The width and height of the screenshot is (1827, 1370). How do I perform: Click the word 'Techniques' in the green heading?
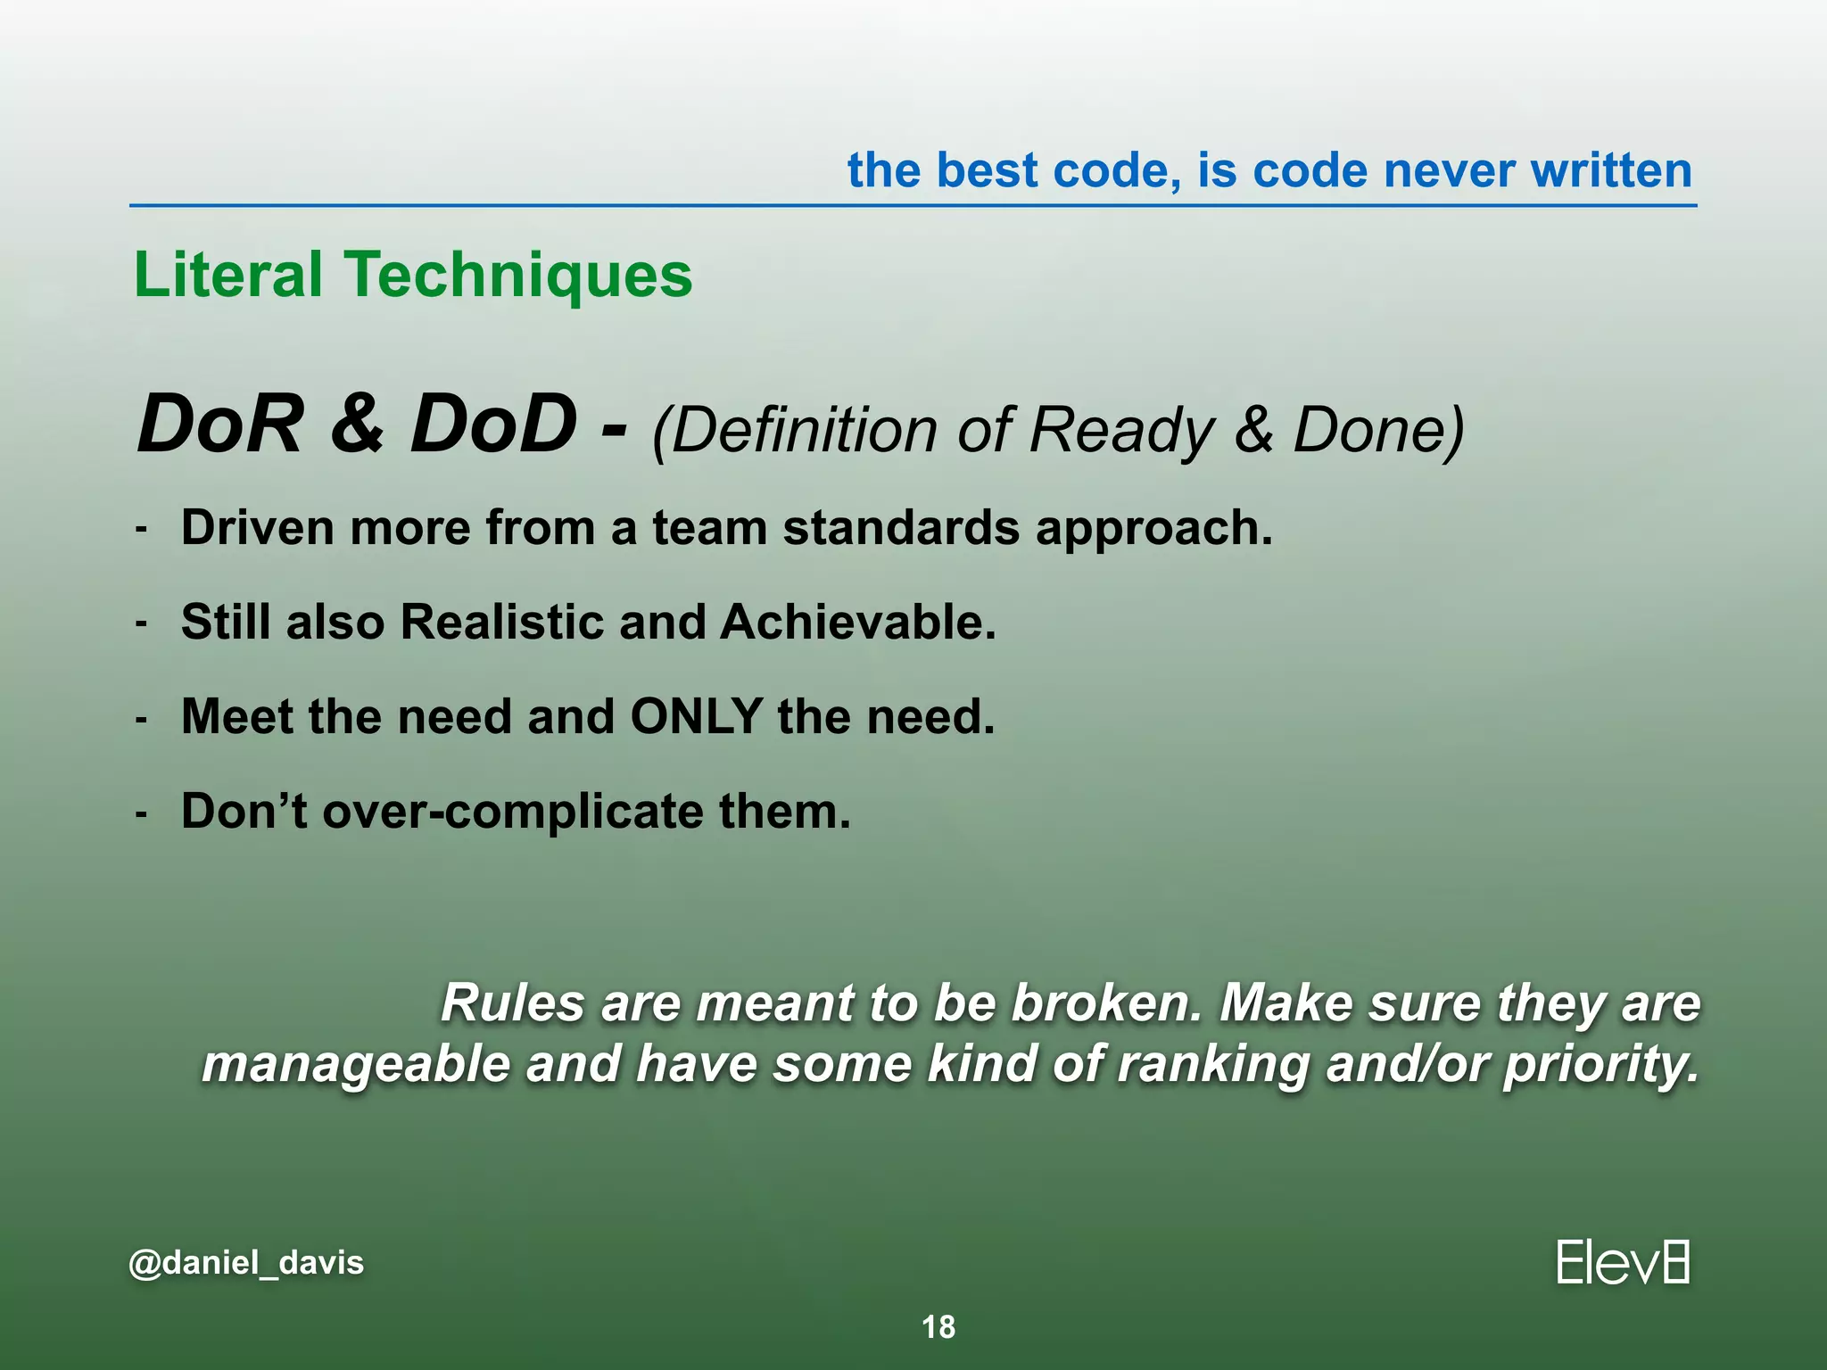tap(518, 276)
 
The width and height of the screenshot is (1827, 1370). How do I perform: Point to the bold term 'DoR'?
tap(219, 425)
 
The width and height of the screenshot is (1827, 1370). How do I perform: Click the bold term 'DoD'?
tap(492, 425)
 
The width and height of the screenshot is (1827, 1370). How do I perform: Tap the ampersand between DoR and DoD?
tap(357, 425)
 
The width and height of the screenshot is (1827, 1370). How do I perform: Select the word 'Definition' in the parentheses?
tap(796, 432)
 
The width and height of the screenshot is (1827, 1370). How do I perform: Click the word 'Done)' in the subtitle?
tap(1378, 432)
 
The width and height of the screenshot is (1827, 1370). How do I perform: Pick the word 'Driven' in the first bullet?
tap(258, 527)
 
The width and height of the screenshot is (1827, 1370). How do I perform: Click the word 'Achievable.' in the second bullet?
tap(857, 622)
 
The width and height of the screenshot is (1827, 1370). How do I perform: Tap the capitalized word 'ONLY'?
tap(696, 716)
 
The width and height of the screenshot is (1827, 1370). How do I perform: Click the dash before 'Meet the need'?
tap(141, 718)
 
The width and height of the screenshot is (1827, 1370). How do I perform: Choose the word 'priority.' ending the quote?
tap(1601, 1065)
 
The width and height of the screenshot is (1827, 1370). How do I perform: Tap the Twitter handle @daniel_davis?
tap(246, 1263)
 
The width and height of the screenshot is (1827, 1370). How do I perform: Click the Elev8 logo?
tap(1622, 1262)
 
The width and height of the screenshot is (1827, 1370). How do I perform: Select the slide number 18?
tap(938, 1327)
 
